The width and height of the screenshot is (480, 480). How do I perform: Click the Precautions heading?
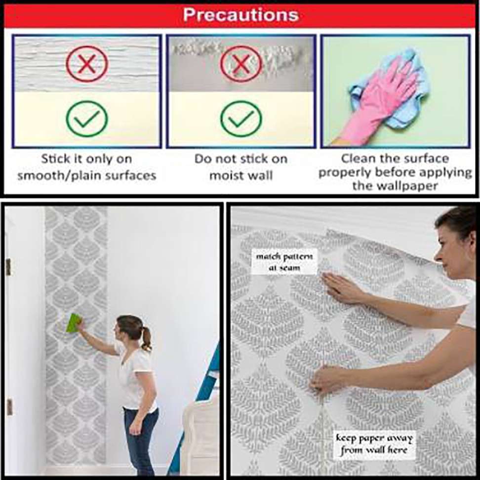240,15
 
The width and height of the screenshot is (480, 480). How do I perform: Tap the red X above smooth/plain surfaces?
87,64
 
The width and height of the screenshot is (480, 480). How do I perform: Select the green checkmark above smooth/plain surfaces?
87,119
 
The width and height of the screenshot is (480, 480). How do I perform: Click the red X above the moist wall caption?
241,64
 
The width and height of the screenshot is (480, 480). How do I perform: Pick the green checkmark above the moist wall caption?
241,119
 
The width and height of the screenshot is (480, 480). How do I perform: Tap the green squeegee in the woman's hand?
74,322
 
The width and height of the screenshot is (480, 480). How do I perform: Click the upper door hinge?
8,267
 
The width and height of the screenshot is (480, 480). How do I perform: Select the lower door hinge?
10,407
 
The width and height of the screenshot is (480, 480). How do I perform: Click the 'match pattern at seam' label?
284,262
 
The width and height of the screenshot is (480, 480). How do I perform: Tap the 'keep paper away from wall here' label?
374,444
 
